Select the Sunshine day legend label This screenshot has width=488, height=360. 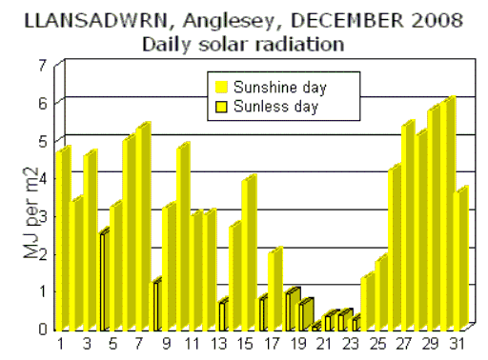(x=280, y=88)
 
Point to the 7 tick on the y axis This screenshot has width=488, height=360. (x=42, y=65)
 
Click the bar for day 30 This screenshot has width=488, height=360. (x=448, y=219)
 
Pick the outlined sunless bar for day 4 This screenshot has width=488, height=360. (x=103, y=281)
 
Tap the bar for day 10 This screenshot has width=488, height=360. (x=182, y=238)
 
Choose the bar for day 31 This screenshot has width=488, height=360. (x=461, y=262)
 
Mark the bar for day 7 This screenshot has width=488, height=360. (x=142, y=229)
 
